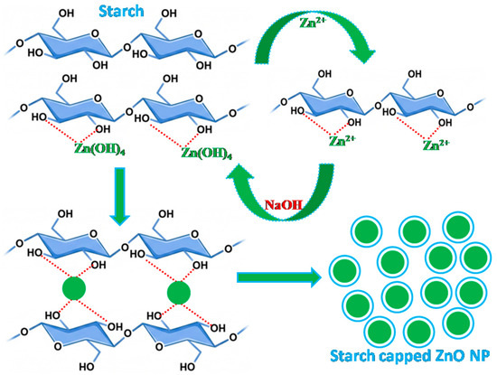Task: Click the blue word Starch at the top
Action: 121,11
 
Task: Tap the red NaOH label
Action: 284,205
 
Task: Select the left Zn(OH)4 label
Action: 99,148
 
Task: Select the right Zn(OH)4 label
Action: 206,153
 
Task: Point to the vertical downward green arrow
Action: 120,196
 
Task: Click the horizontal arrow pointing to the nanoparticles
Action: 279,277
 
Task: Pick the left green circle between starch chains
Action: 74,288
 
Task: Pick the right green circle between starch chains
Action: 179,292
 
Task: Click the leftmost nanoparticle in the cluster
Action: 344,270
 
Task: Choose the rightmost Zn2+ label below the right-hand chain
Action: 436,145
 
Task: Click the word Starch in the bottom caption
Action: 348,355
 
